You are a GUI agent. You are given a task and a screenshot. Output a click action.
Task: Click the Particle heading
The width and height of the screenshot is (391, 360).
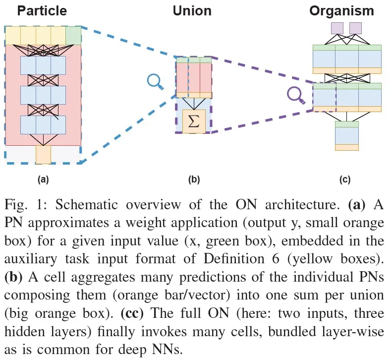point(42,10)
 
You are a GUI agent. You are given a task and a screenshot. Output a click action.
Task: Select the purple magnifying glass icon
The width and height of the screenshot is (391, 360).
point(296,94)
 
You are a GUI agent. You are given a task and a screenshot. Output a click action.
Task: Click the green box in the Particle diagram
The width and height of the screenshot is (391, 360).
point(73,35)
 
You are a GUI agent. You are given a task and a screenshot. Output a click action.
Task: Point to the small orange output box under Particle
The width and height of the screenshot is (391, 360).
point(43,154)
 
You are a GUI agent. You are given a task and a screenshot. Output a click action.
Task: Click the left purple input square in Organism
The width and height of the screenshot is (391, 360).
point(337,28)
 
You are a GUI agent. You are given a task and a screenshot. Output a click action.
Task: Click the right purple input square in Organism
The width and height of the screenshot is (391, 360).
point(355,28)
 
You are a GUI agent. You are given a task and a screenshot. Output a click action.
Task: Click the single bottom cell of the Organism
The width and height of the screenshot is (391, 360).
point(347,135)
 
